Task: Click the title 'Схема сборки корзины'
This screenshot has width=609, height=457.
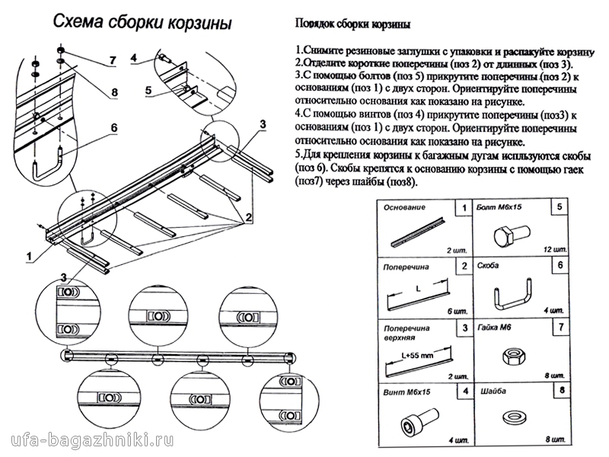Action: (142, 23)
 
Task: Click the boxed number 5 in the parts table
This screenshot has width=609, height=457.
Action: (560, 207)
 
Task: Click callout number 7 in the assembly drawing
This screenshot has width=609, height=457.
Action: (111, 60)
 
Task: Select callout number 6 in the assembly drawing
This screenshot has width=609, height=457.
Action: (113, 127)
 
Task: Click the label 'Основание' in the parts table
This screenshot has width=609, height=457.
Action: (403, 208)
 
